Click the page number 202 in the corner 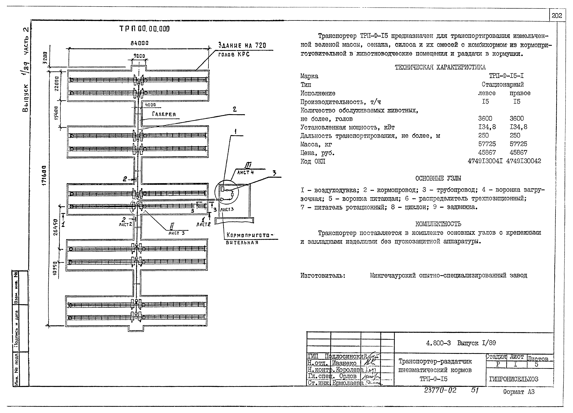[557, 16]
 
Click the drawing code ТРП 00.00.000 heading [145, 29]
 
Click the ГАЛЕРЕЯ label [164, 114]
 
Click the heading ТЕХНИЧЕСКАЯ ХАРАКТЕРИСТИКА [440, 67]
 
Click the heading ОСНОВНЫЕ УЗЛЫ [438, 179]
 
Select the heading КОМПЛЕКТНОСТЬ [438, 224]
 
